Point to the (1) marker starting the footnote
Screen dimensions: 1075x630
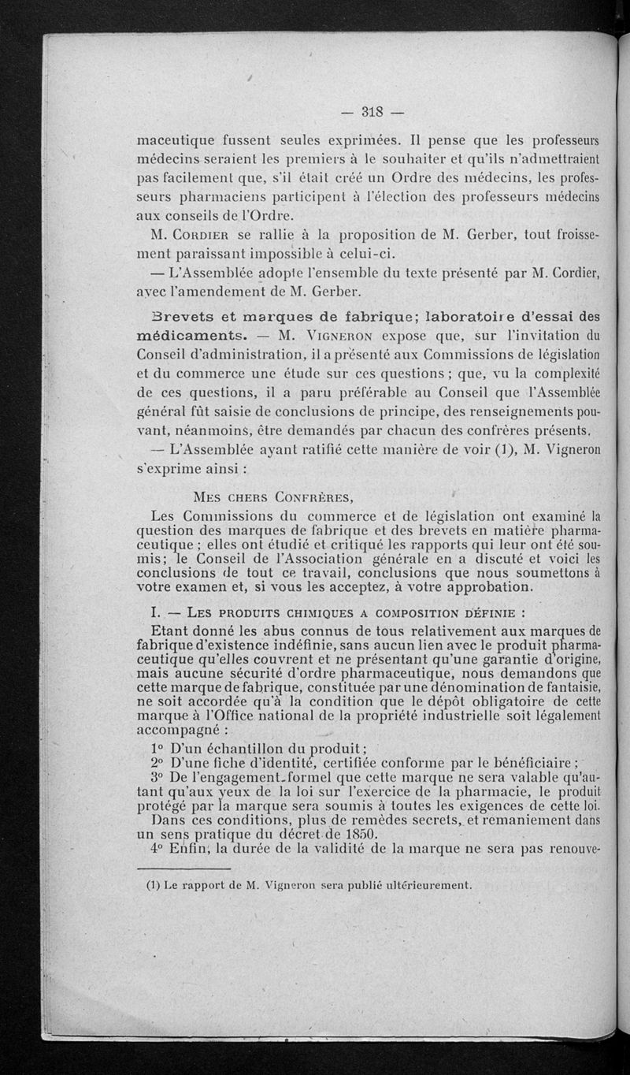(x=154, y=885)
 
